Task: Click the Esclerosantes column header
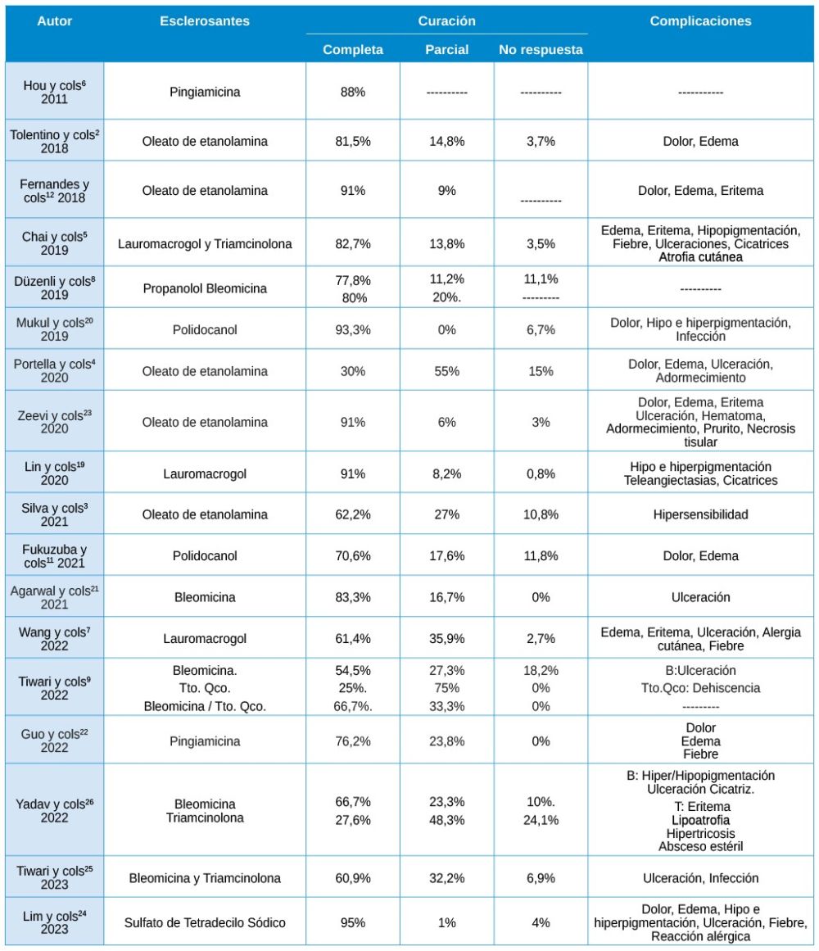tap(205, 21)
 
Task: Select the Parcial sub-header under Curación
tap(446, 50)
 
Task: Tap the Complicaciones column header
tap(700, 21)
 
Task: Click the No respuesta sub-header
tap(541, 50)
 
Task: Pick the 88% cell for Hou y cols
tap(353, 92)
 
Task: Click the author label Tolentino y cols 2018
tap(55, 142)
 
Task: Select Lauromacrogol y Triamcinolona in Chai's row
tap(205, 244)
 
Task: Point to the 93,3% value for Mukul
tap(353, 330)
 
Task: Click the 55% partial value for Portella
tap(446, 371)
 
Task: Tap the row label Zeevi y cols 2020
tap(55, 422)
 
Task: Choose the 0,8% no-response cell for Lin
tap(541, 473)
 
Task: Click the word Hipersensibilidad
tap(700, 514)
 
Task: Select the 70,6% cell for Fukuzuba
tap(353, 555)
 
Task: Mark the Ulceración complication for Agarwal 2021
tap(700, 597)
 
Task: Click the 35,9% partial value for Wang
tap(446, 638)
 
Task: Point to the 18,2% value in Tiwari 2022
tap(541, 670)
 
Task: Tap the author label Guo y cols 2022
tap(55, 741)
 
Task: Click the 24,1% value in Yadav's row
tap(541, 818)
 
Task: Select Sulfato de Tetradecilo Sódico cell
tap(205, 923)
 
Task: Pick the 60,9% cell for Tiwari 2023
tap(353, 878)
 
